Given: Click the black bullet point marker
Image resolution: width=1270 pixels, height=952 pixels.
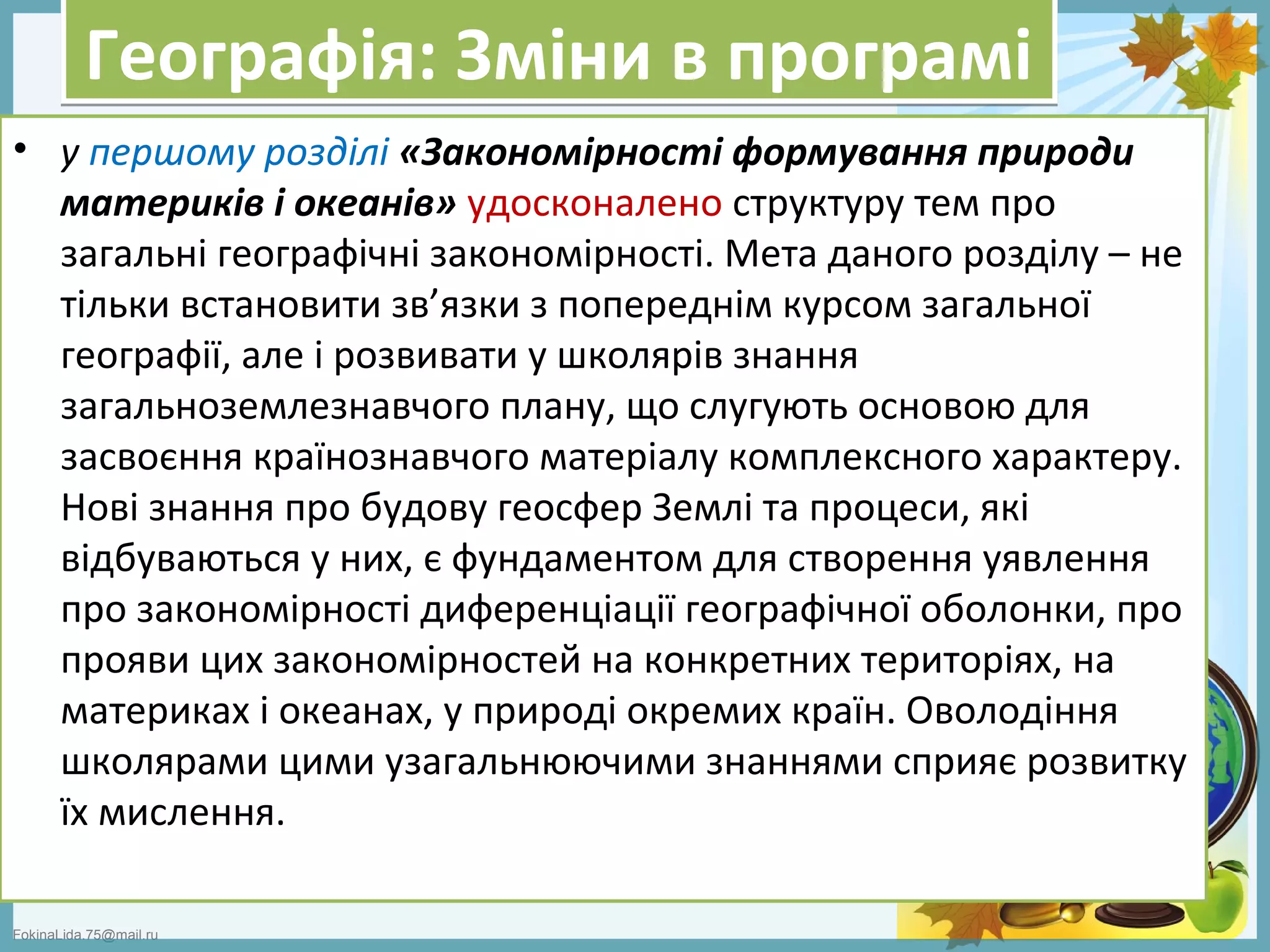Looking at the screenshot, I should tap(23, 149).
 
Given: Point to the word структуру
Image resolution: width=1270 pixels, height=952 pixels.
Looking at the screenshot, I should tap(819, 205).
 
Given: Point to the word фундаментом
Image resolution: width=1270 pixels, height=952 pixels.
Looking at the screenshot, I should tap(576, 560).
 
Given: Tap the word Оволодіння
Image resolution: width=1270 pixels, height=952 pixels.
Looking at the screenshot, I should tap(1011, 712).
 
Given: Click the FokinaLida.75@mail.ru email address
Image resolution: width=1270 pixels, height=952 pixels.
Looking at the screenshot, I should tap(86, 935).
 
